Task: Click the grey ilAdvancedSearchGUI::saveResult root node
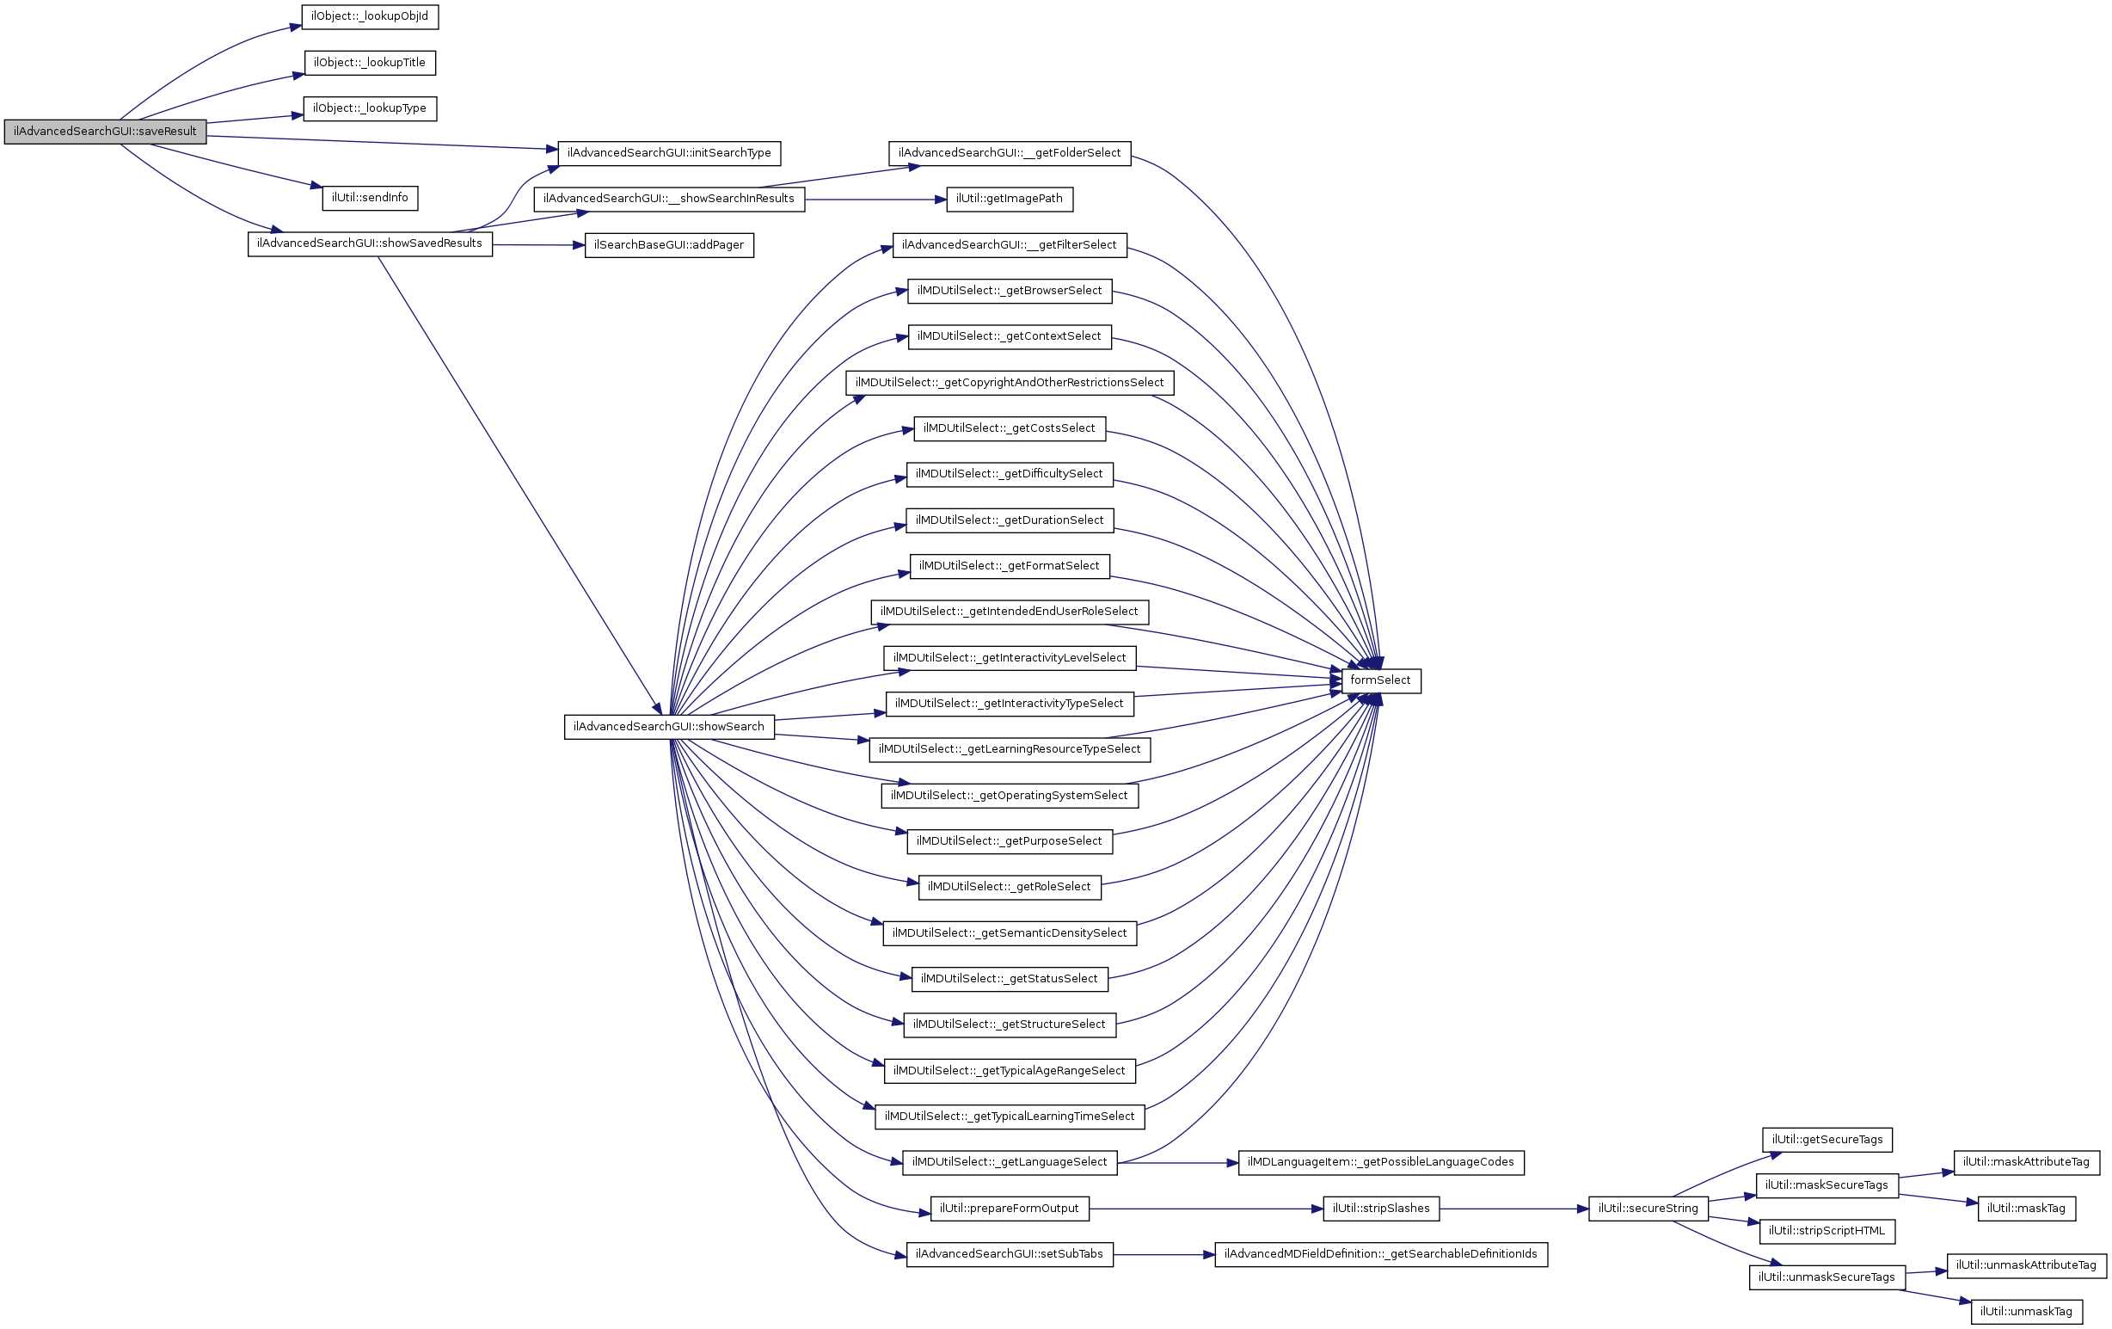point(105,132)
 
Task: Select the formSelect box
point(1380,680)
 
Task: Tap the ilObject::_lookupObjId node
point(369,16)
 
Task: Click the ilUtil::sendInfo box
point(369,198)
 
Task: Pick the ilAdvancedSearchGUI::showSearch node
point(668,727)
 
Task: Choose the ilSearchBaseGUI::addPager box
point(668,245)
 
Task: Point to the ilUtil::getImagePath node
point(1009,199)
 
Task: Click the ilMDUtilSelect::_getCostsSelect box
point(1009,428)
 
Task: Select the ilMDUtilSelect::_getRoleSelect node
point(1009,887)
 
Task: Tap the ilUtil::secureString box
point(1647,1209)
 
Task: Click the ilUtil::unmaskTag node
point(2026,1312)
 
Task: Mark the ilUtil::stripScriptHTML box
point(1827,1231)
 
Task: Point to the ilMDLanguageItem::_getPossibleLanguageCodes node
point(1380,1162)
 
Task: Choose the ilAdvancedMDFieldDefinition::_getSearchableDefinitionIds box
point(1380,1254)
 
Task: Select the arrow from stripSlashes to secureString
point(1513,1209)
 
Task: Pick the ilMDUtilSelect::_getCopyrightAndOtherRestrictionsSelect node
point(1009,383)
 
